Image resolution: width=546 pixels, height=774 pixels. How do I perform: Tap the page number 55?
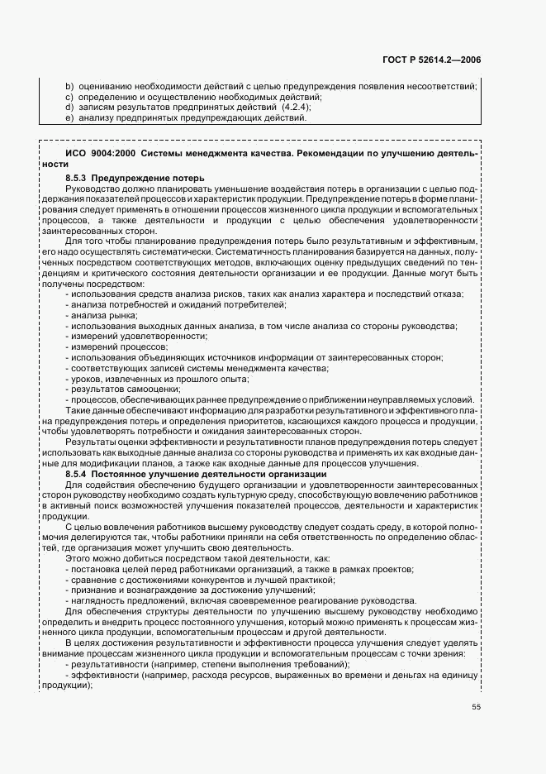(476, 707)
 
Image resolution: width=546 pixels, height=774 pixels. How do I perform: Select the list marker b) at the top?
(69, 86)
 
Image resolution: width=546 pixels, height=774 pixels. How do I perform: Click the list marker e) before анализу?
(69, 118)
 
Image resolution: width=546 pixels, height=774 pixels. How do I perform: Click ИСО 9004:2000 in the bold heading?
(101, 154)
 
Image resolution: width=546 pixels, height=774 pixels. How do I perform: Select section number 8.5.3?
(76, 178)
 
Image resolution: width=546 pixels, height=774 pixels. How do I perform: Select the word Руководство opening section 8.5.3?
(91, 189)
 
